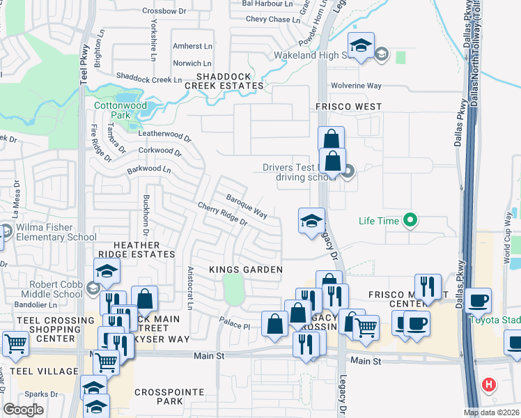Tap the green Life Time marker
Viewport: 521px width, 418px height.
410,221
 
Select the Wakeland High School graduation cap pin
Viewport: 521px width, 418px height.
361,47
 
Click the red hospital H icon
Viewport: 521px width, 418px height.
489,384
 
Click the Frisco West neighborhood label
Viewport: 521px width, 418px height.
346,107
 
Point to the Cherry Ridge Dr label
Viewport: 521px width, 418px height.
222,214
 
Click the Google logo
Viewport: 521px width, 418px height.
24,409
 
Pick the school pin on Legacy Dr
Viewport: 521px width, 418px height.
311,222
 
